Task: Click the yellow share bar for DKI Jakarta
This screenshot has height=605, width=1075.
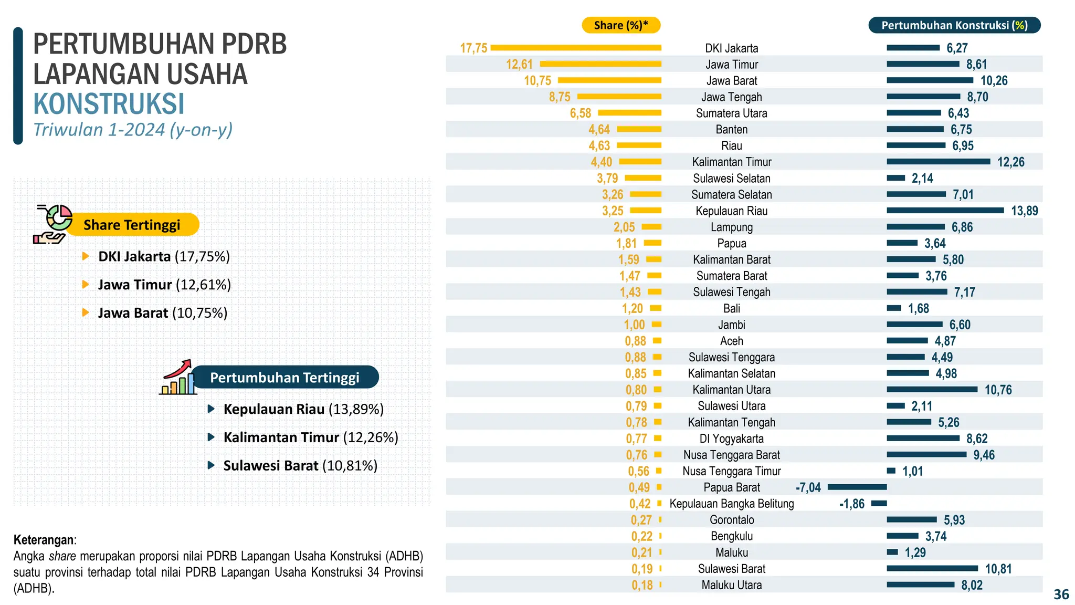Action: (x=575, y=48)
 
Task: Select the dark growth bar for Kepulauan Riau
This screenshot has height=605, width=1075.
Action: (x=945, y=211)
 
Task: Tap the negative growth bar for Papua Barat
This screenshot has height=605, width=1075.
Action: (x=857, y=487)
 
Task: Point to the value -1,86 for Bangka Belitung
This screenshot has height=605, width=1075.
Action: (x=851, y=504)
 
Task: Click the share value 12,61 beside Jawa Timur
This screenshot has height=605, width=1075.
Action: (x=519, y=65)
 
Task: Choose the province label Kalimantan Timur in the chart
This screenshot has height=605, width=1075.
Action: (x=731, y=162)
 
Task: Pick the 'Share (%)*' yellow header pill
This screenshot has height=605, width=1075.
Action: (x=620, y=25)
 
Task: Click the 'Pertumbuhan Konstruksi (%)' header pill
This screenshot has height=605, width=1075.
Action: (x=954, y=25)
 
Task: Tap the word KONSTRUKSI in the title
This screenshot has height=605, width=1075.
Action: (x=109, y=104)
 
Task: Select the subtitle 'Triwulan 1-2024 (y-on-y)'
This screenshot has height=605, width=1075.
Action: (x=133, y=130)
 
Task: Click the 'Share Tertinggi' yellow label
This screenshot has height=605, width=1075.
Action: (x=132, y=225)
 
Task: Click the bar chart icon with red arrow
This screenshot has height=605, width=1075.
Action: (x=177, y=378)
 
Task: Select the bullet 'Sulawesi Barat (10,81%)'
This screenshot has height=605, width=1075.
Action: (x=300, y=466)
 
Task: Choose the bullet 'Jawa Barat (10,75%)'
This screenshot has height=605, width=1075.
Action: (x=162, y=313)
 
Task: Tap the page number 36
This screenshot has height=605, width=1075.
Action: (x=1061, y=594)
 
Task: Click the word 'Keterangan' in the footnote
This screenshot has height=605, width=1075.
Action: (x=44, y=540)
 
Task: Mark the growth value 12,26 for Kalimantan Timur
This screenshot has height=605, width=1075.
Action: (x=1010, y=162)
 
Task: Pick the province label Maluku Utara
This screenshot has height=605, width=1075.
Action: (x=731, y=585)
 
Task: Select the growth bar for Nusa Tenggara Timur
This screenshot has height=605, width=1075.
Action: (x=891, y=471)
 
